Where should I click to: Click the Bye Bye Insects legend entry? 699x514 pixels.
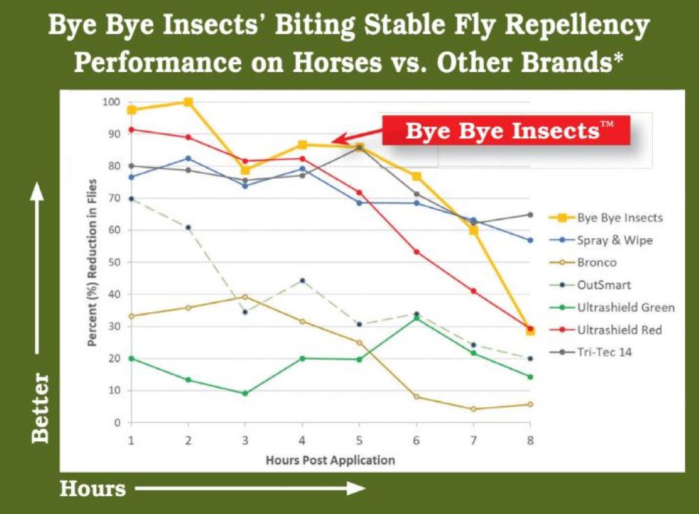pos(619,218)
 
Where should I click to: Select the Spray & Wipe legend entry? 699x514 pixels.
pos(613,240)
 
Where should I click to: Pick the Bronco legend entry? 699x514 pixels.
pos(596,263)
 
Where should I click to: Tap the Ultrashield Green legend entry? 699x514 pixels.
pos(626,307)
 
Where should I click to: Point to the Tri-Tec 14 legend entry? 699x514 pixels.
pos(604,352)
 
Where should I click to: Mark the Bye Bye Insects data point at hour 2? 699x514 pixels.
pos(188,102)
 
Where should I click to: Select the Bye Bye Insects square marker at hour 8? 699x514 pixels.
pos(531,331)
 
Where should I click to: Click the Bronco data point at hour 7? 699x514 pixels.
pos(473,409)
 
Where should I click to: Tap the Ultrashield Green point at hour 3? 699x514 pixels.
pos(245,393)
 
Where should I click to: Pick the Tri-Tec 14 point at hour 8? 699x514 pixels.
pos(531,214)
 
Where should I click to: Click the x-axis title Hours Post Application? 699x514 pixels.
pos(330,460)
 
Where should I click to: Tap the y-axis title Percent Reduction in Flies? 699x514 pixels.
pos(91,263)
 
